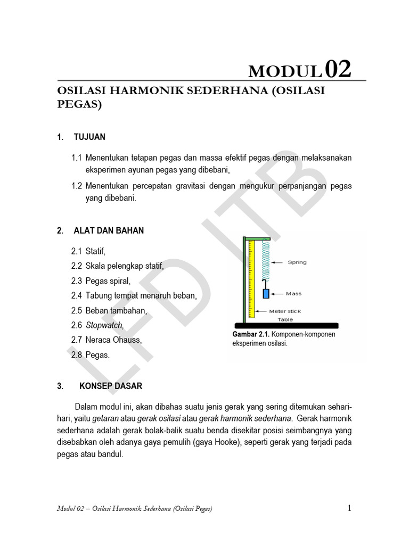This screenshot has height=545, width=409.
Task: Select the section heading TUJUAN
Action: coord(89,137)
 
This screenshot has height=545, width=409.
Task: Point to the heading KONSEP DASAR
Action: coord(111,386)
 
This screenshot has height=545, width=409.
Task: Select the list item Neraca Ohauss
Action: coord(113,340)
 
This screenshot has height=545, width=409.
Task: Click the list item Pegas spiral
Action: coord(108,280)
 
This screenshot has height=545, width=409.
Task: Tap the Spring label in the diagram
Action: coord(297,262)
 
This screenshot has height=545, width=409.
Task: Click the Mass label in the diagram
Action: coord(293,293)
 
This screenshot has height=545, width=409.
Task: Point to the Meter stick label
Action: coord(285,312)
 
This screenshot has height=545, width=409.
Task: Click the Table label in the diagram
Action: coord(285,319)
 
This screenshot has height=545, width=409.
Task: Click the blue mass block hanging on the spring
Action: coord(266,293)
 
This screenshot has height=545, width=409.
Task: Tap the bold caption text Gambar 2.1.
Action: coord(251,335)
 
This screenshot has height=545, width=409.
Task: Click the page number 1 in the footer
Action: coord(349,508)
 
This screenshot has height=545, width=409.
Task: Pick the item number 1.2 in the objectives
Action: coord(77,186)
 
